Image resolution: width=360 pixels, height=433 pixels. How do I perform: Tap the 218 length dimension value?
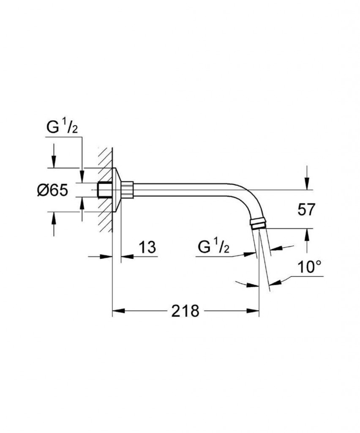[185, 311]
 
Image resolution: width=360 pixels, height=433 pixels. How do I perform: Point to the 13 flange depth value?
[147, 247]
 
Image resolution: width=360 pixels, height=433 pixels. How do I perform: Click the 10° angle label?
[310, 267]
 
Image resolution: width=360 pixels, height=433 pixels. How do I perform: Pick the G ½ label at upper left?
[62, 127]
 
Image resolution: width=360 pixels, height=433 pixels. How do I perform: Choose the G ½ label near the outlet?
[213, 247]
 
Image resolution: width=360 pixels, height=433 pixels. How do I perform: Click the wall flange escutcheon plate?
[117, 190]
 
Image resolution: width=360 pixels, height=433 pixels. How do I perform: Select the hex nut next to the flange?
[127, 190]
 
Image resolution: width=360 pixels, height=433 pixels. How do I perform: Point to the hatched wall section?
[105, 190]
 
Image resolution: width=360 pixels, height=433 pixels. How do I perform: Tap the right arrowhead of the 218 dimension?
[253, 311]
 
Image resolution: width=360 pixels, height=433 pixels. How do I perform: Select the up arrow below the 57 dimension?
[307, 235]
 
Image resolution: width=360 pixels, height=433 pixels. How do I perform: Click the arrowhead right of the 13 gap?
[127, 257]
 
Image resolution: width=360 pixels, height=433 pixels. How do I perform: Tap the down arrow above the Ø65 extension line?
[54, 161]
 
